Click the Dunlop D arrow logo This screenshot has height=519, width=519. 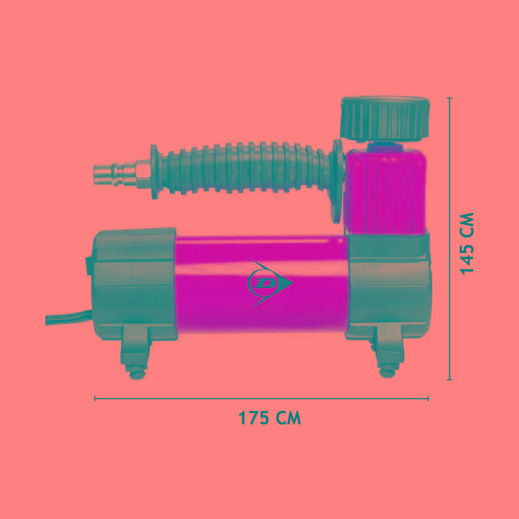pyautogui.click(x=269, y=283)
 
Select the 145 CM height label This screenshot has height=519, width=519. pyautogui.click(x=467, y=244)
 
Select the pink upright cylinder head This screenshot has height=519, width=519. pyautogui.click(x=386, y=192)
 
